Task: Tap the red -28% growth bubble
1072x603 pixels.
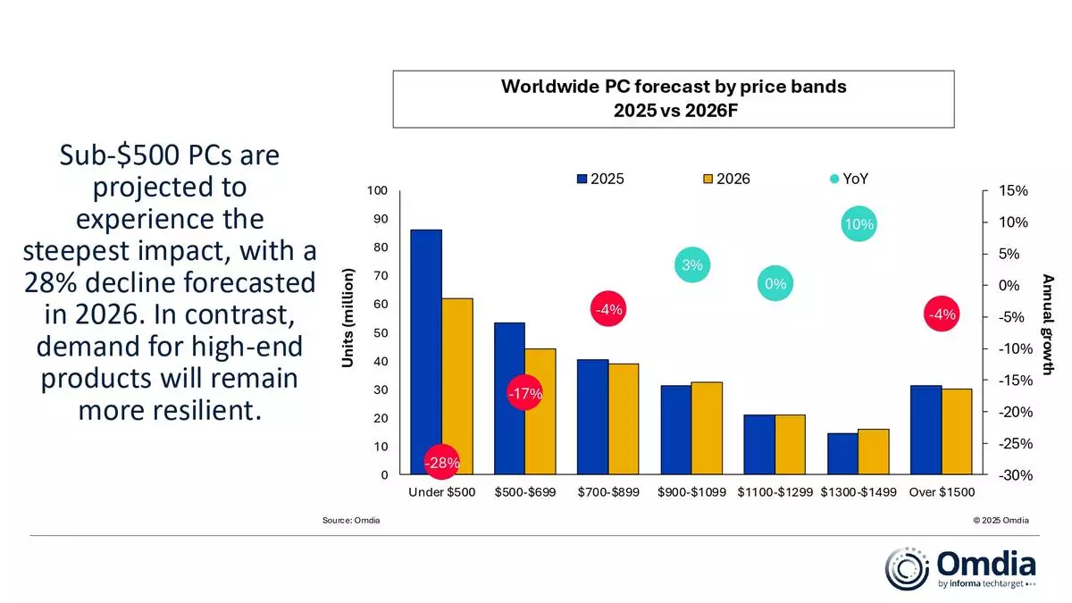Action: click(441, 463)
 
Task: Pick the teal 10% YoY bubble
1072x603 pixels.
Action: click(858, 225)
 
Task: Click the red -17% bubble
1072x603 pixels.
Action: click(524, 394)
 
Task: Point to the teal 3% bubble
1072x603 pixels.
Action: click(692, 264)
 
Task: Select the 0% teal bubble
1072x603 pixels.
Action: click(775, 284)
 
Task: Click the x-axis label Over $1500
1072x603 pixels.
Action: click(942, 492)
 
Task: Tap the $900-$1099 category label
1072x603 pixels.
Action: click(692, 492)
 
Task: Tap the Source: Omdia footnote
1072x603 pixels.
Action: click(351, 521)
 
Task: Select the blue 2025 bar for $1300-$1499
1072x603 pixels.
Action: click(842, 454)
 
